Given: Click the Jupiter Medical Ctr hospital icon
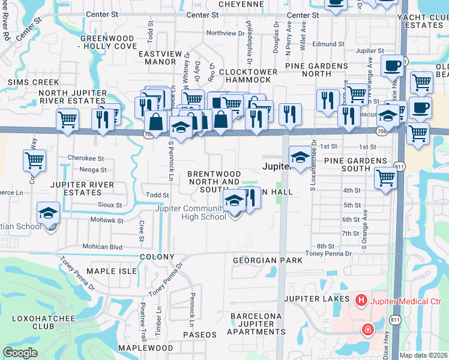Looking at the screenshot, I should coord(361,299).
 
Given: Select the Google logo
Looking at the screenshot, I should coord(20,353).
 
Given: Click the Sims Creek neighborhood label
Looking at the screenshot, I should coord(33,82).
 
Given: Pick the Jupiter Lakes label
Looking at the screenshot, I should coord(316,299).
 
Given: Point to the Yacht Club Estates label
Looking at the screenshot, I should coord(424,22).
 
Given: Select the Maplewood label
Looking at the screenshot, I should coord(145,348).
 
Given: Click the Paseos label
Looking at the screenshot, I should coord(199,334).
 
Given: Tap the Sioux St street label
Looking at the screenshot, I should coord(110,205).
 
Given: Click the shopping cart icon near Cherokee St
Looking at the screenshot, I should coord(35,160).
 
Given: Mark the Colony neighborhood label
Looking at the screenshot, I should coord(157,256).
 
